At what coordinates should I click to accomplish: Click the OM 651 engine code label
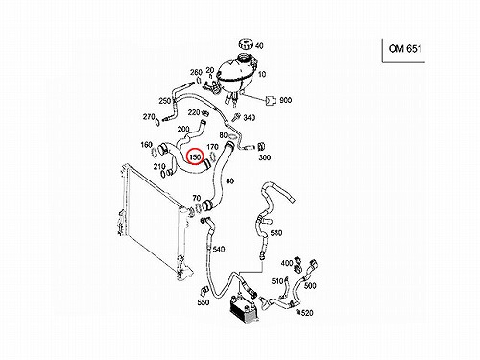click(405, 49)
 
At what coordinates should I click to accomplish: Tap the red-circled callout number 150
click(195, 157)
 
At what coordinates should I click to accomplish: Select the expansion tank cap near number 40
click(246, 44)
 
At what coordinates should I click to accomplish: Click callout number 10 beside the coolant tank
click(262, 74)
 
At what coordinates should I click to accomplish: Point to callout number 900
click(286, 100)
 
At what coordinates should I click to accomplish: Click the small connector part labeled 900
click(271, 101)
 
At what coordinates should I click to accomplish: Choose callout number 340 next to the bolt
click(249, 117)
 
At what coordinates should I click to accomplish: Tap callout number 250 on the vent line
click(165, 101)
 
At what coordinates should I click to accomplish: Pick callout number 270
click(149, 117)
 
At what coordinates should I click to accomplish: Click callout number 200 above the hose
click(183, 129)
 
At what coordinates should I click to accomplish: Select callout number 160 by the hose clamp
click(146, 145)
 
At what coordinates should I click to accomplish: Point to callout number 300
click(264, 157)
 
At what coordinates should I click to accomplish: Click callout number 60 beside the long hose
click(229, 181)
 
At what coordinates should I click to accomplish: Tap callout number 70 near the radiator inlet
click(196, 198)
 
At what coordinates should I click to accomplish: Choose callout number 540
click(219, 249)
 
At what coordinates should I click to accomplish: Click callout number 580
click(276, 232)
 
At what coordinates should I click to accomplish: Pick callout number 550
click(204, 302)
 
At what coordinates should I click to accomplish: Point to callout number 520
click(307, 313)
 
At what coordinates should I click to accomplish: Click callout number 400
click(287, 263)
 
